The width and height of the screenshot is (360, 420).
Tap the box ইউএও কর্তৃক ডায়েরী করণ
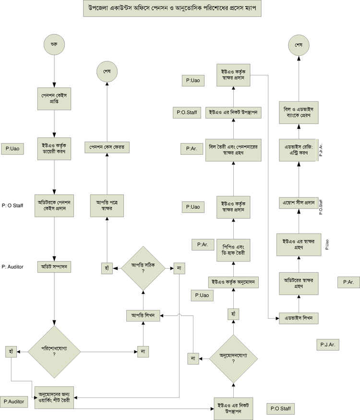coord(54,148)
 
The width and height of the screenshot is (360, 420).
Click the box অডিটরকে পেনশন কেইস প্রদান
coord(54,206)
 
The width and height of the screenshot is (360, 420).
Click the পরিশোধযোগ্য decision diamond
coord(54,351)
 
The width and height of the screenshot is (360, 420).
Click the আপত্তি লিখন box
coord(143,315)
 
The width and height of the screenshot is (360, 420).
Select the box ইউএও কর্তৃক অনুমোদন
coord(233,283)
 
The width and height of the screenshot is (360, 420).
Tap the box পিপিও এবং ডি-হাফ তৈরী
coord(233,248)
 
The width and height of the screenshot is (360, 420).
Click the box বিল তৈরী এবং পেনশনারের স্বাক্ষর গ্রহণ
coord(233,149)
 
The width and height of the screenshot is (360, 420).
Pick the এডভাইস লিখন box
coord(299,318)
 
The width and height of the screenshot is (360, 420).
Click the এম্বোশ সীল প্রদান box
coord(299,203)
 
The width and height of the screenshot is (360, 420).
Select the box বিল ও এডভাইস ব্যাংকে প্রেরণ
coord(299,111)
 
